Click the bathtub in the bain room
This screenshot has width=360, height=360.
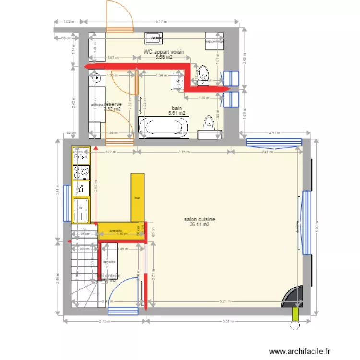[163, 127]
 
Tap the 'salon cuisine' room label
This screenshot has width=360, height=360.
[199, 219]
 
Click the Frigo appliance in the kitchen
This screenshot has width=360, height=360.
[81, 156]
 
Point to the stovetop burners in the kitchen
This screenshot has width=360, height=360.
[81, 171]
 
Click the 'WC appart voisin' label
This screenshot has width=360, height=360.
[164, 52]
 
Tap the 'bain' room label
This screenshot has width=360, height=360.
[177, 108]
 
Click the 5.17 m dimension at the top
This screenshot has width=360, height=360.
[162, 21]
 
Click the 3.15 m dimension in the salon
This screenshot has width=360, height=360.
[182, 152]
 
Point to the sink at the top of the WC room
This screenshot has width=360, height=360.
[155, 37]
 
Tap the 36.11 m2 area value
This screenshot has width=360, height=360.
[199, 224]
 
